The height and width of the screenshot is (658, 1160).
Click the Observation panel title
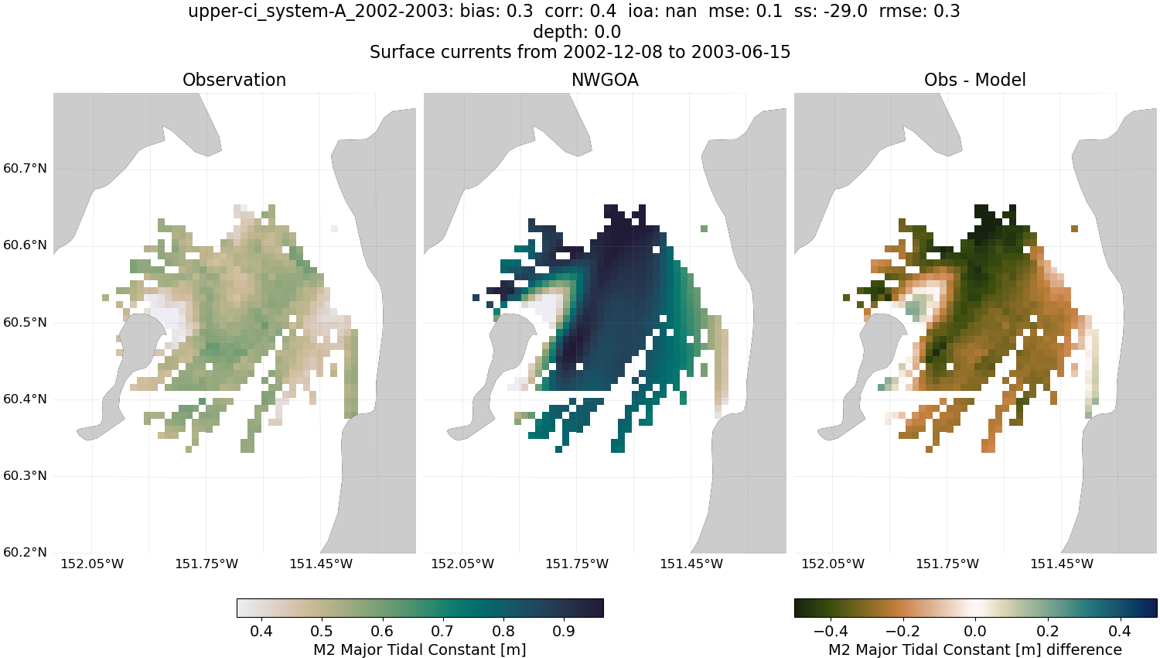click(234, 80)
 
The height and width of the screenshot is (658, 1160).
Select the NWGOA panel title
click(605, 80)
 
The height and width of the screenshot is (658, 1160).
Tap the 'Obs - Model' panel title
click(974, 80)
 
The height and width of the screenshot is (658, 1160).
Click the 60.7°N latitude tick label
click(25, 169)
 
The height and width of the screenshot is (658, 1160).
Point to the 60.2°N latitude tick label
click(25, 553)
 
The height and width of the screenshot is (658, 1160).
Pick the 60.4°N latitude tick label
click(25, 399)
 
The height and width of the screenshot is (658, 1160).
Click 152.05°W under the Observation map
click(92, 564)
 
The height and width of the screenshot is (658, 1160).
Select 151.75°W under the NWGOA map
click(577, 564)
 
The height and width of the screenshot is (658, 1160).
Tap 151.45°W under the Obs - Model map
click(1062, 564)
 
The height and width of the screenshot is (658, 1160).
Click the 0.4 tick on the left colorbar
click(261, 631)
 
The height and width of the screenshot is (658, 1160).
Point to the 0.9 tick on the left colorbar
click(564, 631)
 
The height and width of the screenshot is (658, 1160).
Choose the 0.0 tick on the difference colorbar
click(976, 631)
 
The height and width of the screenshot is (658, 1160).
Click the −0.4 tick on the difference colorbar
click(831, 631)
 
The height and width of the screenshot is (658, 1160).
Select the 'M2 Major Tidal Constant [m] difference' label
click(974, 649)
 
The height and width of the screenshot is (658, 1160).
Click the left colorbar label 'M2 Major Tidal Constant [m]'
click(419, 649)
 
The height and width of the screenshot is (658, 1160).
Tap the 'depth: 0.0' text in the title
click(577, 33)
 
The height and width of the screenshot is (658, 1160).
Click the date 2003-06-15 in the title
click(740, 52)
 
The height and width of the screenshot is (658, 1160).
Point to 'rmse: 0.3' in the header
click(919, 12)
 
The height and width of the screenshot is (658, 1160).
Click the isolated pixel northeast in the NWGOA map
click(704, 228)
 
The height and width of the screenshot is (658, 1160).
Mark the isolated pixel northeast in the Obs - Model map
click(1074, 228)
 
